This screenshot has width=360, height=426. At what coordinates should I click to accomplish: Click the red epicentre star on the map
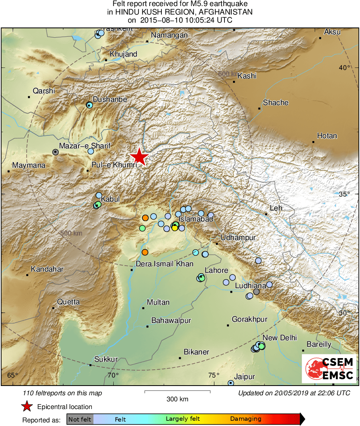(x=139, y=157)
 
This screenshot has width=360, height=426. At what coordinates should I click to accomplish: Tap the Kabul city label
(x=110, y=199)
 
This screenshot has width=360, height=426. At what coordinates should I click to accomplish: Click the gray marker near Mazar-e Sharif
(x=55, y=152)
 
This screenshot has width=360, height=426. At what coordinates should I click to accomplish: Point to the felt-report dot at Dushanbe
(x=89, y=105)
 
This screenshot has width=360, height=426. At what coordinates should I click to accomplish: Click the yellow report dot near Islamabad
(x=174, y=228)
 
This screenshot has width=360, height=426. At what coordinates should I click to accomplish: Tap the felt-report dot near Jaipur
(x=231, y=383)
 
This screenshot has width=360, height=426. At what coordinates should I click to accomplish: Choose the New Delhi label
(x=280, y=338)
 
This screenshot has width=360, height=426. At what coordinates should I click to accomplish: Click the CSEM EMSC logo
(x=329, y=368)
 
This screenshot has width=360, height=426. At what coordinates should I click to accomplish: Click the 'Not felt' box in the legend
(x=80, y=419)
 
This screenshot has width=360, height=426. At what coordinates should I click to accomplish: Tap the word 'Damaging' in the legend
(x=246, y=419)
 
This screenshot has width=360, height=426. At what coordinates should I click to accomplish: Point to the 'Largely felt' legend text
(x=183, y=419)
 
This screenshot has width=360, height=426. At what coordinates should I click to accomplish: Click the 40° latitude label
(x=345, y=67)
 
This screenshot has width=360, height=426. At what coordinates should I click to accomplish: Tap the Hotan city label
(x=327, y=136)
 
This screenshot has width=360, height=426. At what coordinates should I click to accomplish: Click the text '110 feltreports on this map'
(x=63, y=393)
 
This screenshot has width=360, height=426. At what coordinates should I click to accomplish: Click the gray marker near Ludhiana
(x=256, y=292)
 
